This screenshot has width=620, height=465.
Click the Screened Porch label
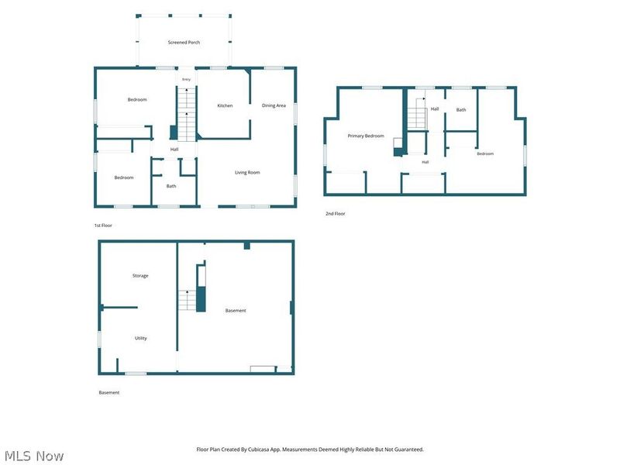point(184,43)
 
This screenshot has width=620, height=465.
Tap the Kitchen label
point(225,105)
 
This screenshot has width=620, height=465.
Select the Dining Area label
point(274,105)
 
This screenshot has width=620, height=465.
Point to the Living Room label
point(247,172)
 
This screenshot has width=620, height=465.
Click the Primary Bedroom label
point(366,136)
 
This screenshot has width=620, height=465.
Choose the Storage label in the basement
point(140,276)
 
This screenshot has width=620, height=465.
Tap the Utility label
point(141,338)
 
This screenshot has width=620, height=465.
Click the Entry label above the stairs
point(186,80)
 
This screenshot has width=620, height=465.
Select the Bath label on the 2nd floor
point(461,110)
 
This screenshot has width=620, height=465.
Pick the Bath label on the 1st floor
point(171,186)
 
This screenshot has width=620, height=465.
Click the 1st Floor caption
point(103,226)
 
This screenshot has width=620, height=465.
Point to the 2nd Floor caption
point(336,214)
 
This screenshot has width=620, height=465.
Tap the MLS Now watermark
point(34,456)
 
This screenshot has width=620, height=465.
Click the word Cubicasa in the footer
point(259,449)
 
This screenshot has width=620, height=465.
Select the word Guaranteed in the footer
point(409,449)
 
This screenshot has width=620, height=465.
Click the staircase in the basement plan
point(187,301)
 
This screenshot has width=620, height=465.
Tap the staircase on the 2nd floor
point(417,114)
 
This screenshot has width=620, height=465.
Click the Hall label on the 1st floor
point(174,149)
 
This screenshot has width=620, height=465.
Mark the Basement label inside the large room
point(236,311)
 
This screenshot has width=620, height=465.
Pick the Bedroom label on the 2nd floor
point(485,153)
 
